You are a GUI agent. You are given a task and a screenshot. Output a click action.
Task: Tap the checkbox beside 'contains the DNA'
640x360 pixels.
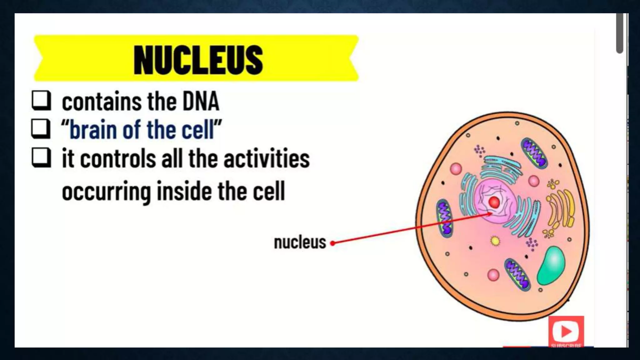[41, 100]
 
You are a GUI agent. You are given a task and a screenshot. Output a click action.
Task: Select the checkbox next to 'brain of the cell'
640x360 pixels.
[41, 128]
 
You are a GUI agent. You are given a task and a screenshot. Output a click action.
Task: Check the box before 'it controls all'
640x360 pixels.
[41, 157]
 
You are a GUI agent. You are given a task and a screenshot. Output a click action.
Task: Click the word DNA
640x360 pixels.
[201, 102]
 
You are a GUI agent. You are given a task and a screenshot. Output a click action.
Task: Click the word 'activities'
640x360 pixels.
[267, 158]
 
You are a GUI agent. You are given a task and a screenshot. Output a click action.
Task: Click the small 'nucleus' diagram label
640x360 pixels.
[300, 242]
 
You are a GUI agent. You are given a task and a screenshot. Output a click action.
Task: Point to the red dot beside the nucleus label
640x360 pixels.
[333, 243]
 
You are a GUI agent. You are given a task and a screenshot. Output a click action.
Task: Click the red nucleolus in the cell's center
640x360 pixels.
[494, 202]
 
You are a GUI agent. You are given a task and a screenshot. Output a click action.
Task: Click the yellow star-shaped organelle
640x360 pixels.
[495, 241]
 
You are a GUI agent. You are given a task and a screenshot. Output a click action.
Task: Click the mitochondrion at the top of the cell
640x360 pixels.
[534, 153]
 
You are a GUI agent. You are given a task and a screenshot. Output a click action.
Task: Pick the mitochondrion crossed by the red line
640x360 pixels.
[444, 218]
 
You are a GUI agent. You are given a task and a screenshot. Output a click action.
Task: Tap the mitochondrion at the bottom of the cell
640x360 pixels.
[517, 274]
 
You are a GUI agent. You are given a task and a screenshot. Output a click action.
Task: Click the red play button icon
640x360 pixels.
[566, 331]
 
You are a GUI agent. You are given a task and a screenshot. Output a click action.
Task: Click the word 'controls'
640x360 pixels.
[118, 158]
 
